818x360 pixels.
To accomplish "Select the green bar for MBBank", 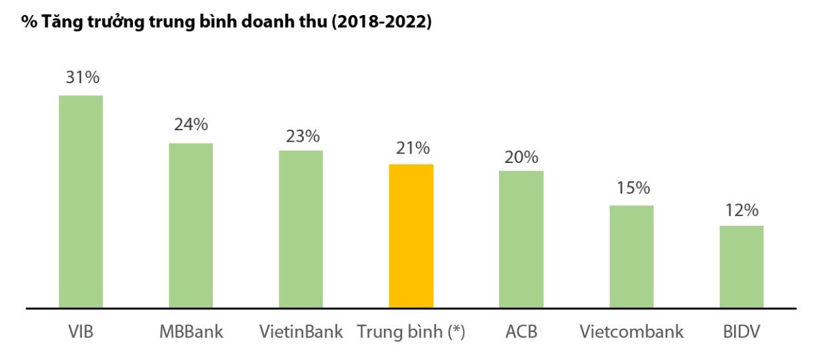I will point(191,225).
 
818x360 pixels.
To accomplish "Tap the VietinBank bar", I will point(301,228).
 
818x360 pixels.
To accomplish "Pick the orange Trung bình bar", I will point(411,235).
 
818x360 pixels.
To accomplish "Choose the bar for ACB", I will point(521,239).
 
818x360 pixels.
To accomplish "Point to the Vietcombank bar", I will point(631,256).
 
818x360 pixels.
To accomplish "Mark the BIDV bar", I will point(742,266).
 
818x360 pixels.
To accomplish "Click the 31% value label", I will point(82,77).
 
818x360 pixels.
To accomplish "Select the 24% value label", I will point(191,125).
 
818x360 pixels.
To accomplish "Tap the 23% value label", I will point(303,136).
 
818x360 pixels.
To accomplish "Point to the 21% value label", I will point(412,148).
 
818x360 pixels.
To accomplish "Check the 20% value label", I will point(521,157).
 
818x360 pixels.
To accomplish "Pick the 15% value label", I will point(633,188).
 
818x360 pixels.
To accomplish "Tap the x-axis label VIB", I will point(80,333).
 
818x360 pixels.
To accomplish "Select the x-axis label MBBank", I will point(191,333).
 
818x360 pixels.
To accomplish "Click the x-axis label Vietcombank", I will point(631,333).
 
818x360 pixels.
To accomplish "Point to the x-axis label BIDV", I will point(742,333).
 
